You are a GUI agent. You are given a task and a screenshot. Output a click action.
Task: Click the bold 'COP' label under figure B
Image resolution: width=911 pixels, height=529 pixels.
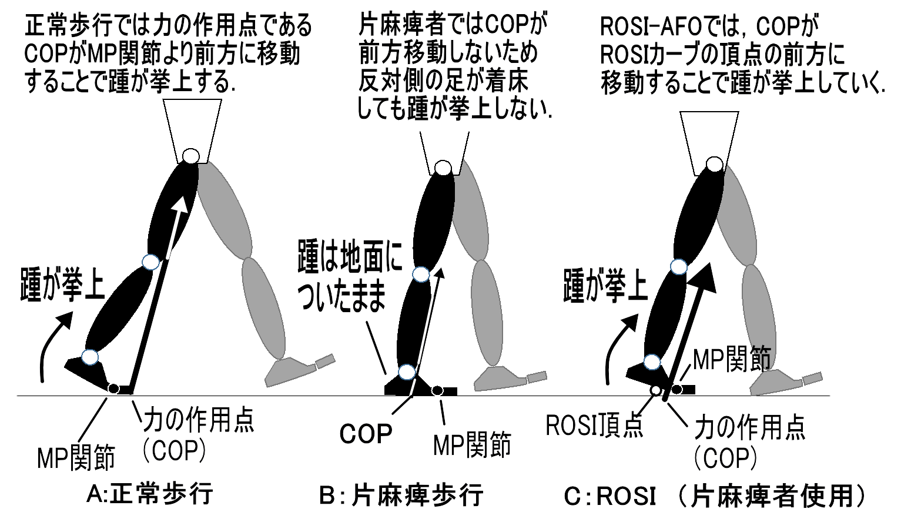click(x=366, y=434)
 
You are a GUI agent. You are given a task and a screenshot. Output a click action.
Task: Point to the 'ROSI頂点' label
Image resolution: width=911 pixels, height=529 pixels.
click(x=594, y=426)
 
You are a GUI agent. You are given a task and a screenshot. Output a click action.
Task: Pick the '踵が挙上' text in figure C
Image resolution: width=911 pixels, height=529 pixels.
click(x=605, y=286)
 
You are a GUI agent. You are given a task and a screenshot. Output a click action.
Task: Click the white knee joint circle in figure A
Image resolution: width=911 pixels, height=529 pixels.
click(x=150, y=262)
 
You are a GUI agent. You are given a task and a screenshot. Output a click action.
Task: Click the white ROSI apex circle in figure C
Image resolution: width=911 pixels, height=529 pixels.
click(x=656, y=390)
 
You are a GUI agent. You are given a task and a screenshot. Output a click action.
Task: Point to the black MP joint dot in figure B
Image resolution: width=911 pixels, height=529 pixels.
click(x=437, y=390)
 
